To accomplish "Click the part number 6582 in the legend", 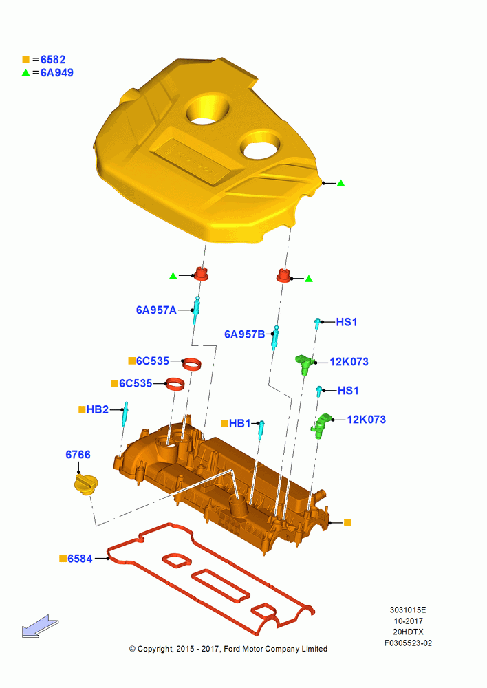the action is (53, 59).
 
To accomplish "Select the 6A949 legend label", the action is (57, 73).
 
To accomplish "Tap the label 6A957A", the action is (156, 310).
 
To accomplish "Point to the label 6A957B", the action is (244, 334).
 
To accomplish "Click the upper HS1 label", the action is (347, 322).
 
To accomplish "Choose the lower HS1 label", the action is (348, 391).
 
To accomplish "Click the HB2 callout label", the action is (98, 409).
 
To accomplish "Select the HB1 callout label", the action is (239, 423).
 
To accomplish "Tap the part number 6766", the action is (78, 455).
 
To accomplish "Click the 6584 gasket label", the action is (80, 559).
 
